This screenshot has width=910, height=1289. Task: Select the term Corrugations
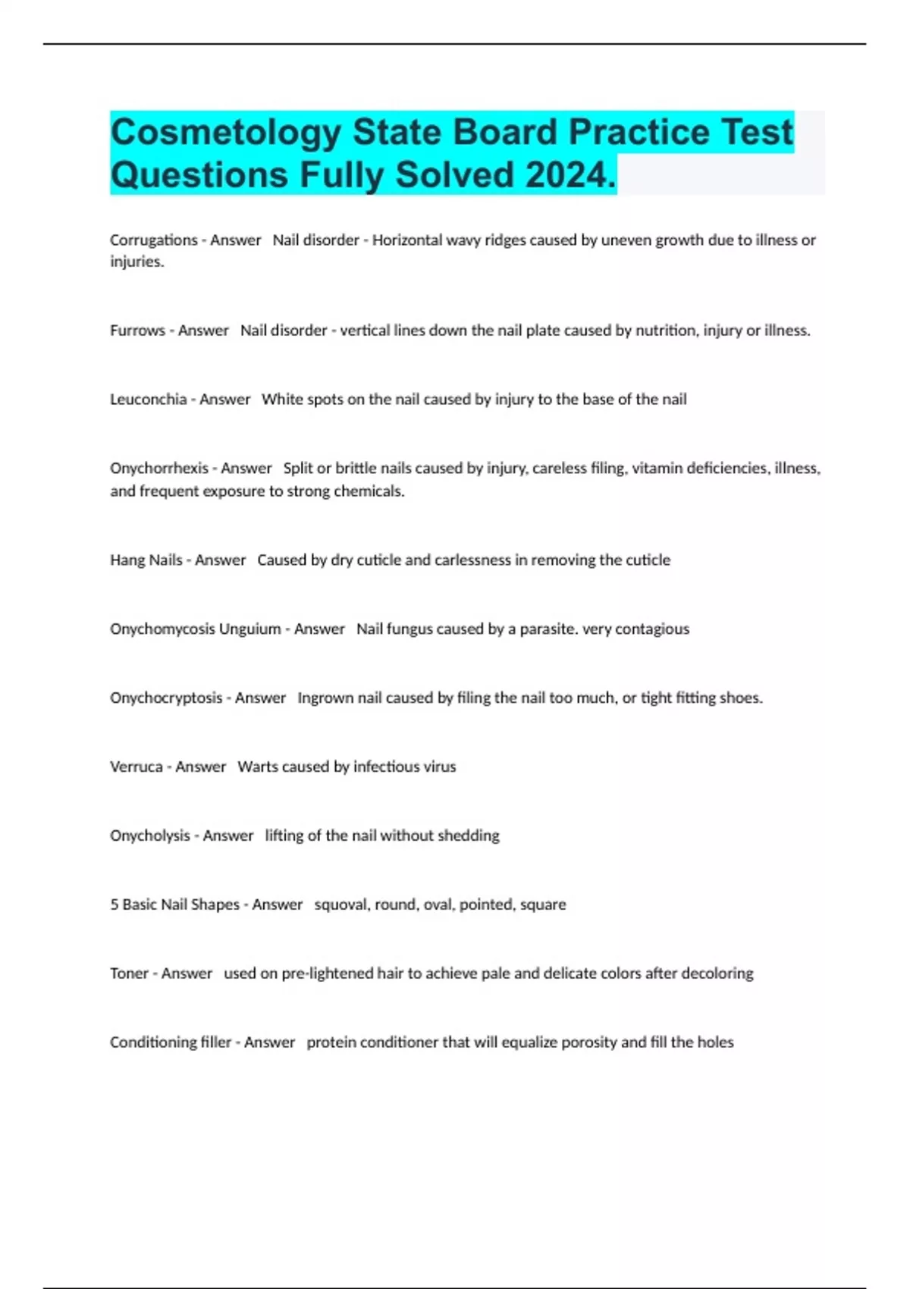click(153, 240)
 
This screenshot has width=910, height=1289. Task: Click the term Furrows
click(137, 331)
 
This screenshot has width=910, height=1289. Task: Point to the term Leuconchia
click(148, 400)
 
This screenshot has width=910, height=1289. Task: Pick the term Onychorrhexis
click(158, 469)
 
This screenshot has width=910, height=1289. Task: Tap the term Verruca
click(136, 767)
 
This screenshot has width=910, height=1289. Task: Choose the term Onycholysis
click(149, 836)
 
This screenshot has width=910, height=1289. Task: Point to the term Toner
click(129, 974)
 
